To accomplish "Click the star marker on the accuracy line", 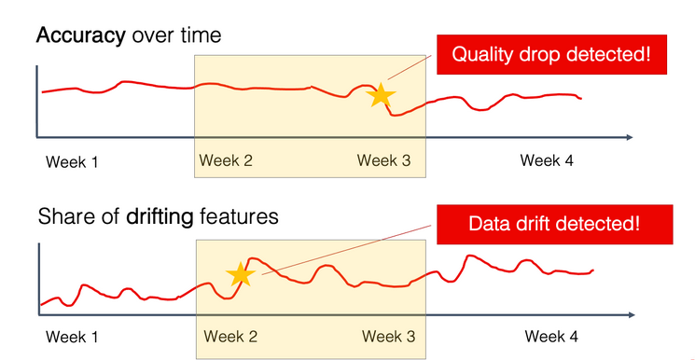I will (x=381, y=95).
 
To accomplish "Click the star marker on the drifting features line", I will (x=241, y=274).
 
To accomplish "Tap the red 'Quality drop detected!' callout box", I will (x=552, y=54).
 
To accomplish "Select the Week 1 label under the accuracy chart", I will (x=72, y=162).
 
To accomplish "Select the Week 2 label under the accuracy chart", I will (x=226, y=160).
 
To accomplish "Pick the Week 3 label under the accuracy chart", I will (x=383, y=160).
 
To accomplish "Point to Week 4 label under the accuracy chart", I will (x=547, y=160).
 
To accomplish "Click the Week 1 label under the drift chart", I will (x=72, y=337).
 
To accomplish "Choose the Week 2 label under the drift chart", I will (x=230, y=336).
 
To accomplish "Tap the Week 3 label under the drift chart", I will (x=389, y=336).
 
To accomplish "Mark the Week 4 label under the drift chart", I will (x=551, y=336).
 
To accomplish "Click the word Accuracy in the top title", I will (x=80, y=37).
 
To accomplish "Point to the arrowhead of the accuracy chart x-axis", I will (x=631, y=138).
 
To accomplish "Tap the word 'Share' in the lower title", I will (x=63, y=217).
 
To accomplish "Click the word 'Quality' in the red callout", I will (x=486, y=54).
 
